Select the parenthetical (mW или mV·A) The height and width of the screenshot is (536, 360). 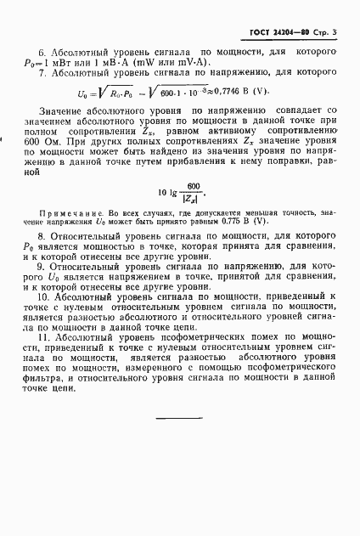[x=174, y=64]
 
